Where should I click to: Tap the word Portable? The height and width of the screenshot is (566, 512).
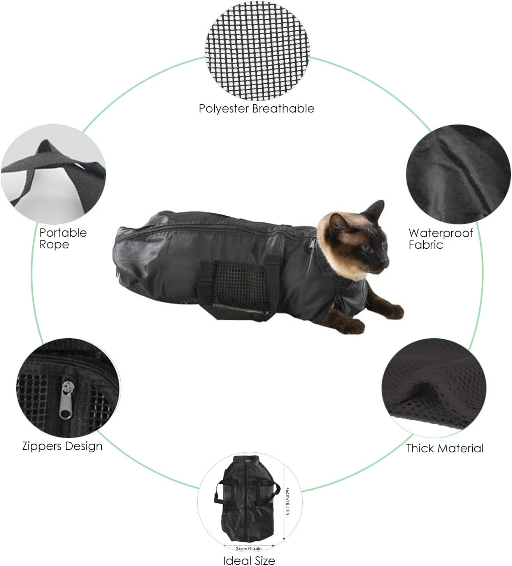[x=63, y=233]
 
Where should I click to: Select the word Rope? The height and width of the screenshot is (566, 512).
[x=54, y=245]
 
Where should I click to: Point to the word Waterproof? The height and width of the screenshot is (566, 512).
[x=441, y=233]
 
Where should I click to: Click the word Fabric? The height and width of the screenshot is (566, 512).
[x=426, y=245]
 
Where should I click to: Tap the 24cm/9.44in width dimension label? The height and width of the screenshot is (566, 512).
[x=249, y=549]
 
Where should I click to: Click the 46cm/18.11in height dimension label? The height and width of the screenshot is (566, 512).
[x=288, y=501]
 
